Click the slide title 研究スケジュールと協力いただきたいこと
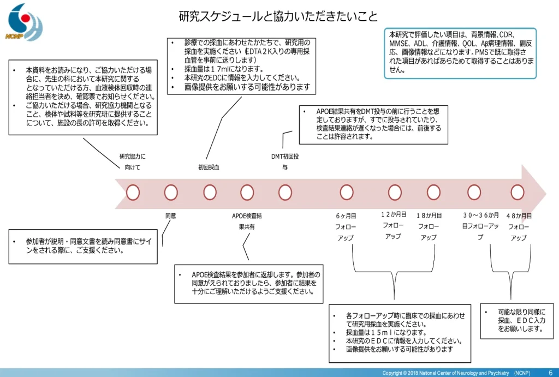click(x=278, y=16)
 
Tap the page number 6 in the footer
click(x=550, y=372)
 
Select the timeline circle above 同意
click(x=171, y=192)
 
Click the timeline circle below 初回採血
click(x=210, y=192)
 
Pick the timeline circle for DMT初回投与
click(x=285, y=192)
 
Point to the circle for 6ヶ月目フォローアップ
click(x=347, y=192)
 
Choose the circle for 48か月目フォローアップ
click(x=518, y=192)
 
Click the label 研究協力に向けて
click(x=132, y=162)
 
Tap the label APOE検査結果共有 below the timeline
click(x=247, y=221)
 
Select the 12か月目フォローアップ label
click(x=393, y=225)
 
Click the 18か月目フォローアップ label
click(x=429, y=226)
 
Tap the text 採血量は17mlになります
click(x=224, y=69)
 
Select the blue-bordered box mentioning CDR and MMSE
click(x=460, y=53)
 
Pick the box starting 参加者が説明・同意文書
click(x=86, y=246)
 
